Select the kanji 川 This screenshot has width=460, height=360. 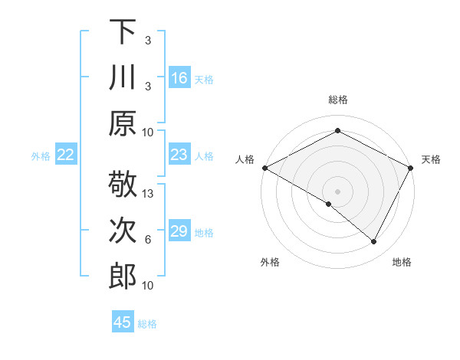(x=123, y=77)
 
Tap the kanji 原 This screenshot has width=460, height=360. (x=123, y=123)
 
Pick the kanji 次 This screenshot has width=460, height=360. (x=123, y=231)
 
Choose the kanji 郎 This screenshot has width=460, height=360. (x=123, y=276)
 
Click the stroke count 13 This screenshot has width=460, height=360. (x=149, y=194)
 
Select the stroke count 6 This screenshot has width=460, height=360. (x=148, y=240)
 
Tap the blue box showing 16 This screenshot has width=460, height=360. (x=179, y=77)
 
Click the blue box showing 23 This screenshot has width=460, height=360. (x=179, y=155)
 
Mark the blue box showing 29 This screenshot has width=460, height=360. (x=179, y=231)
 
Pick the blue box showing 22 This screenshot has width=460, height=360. (x=66, y=155)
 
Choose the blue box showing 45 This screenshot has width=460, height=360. (x=123, y=322)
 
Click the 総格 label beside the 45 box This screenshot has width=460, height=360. (x=148, y=324)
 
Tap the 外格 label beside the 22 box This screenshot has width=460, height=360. (x=41, y=156)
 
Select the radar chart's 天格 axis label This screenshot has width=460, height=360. (x=432, y=159)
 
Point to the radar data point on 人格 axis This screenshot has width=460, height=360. (x=264, y=167)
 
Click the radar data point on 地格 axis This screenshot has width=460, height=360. (x=374, y=242)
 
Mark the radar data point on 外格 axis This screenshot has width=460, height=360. (x=328, y=204)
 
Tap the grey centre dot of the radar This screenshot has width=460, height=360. (x=337, y=191)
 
